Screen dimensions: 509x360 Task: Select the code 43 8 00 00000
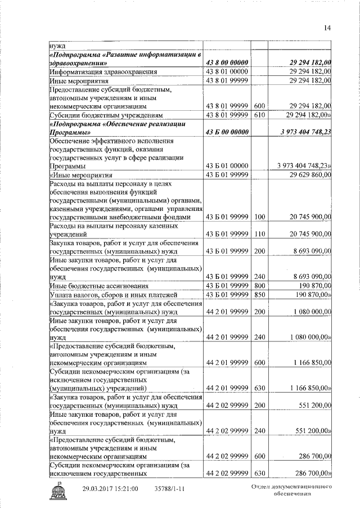(x=227, y=63)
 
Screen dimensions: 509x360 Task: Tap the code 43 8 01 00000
(x=227, y=72)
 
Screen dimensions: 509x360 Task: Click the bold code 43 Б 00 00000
(x=227, y=132)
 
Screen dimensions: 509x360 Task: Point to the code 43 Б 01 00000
(x=227, y=166)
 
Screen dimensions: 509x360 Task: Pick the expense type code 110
(x=259, y=233)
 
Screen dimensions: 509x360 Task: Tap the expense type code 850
(x=259, y=295)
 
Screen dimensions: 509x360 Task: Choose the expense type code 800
(x=259, y=286)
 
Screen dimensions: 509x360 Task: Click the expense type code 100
(x=259, y=217)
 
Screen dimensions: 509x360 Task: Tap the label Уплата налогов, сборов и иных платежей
(x=114, y=295)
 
